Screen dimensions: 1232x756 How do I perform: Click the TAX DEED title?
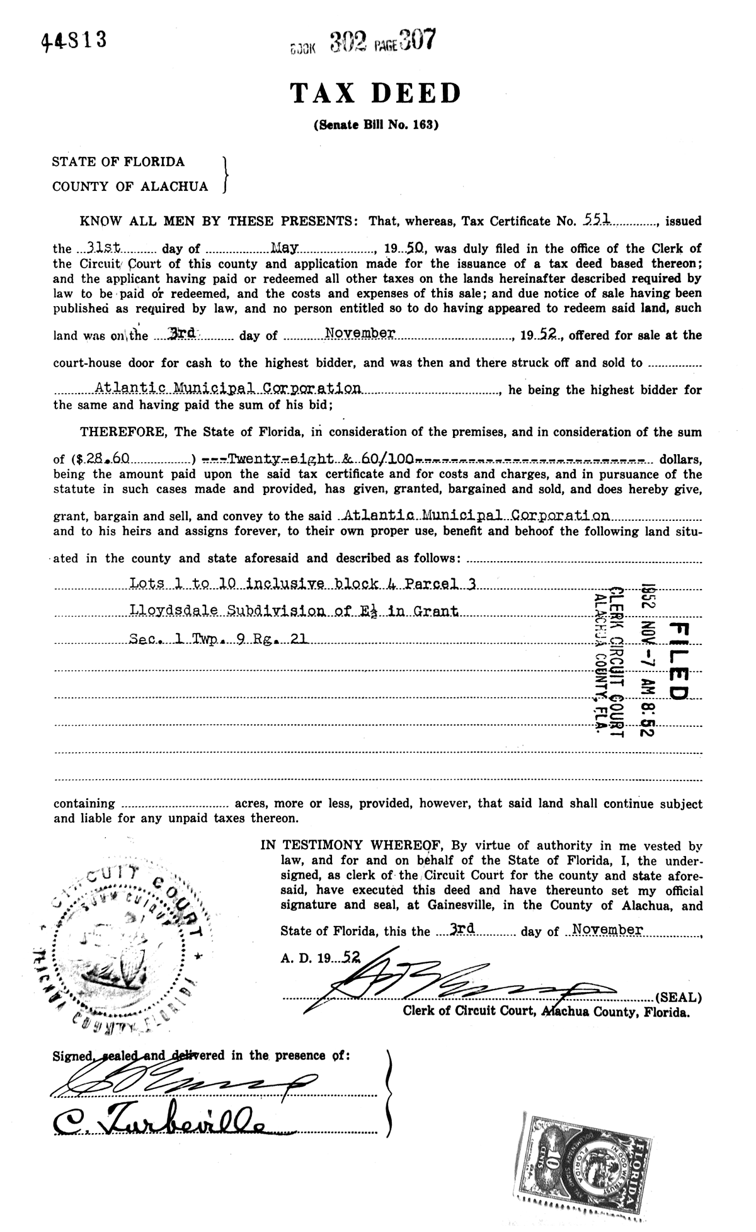[x=375, y=94]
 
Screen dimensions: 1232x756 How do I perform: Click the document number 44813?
[x=74, y=41]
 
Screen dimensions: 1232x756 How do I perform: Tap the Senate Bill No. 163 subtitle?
[x=375, y=125]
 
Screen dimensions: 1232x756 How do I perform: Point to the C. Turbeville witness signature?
[x=157, y=1121]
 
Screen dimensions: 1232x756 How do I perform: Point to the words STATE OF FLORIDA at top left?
[x=118, y=162]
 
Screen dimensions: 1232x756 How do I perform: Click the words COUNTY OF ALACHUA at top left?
[x=130, y=186]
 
